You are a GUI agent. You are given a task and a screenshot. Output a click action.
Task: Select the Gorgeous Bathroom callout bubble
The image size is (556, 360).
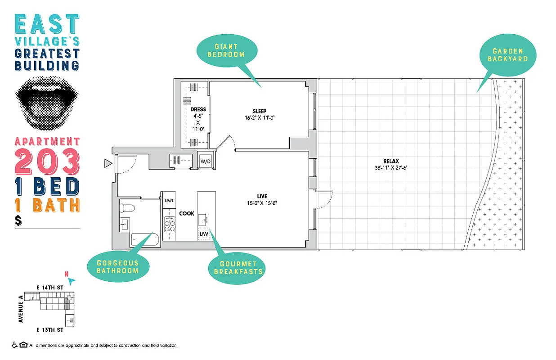click(117, 267)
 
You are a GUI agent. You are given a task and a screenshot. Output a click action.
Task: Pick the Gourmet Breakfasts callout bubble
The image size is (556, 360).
click(235, 268)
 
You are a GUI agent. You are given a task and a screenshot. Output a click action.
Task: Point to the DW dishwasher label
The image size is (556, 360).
click(204, 234)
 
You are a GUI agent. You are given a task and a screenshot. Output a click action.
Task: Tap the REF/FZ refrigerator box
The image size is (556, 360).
click(169, 201)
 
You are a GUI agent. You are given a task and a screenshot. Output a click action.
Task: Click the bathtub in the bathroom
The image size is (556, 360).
click(145, 240)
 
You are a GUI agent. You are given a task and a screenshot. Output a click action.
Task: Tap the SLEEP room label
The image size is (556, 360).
click(259, 111)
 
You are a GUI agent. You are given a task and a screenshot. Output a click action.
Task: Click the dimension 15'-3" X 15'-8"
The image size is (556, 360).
click(262, 202)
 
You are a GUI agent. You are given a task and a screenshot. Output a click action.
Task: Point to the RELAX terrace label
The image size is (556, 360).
click(391, 161)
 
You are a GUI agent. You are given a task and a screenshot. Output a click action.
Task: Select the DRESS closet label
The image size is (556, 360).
click(198, 109)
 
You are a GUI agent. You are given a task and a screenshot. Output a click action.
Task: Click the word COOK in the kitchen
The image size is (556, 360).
click(187, 213)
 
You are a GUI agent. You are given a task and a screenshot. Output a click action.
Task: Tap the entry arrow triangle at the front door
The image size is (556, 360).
click(107, 163)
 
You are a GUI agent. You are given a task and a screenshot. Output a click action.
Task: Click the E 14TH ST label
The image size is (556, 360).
click(50, 287)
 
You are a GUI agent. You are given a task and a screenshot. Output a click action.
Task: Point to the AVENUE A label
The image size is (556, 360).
click(21, 309)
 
